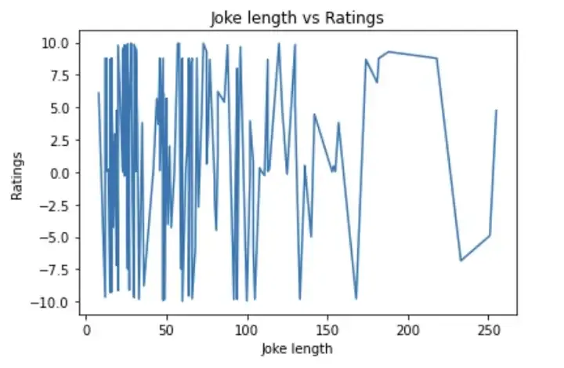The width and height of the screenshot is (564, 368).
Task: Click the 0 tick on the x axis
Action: (86, 329)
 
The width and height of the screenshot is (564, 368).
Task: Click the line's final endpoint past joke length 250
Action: (497, 111)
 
